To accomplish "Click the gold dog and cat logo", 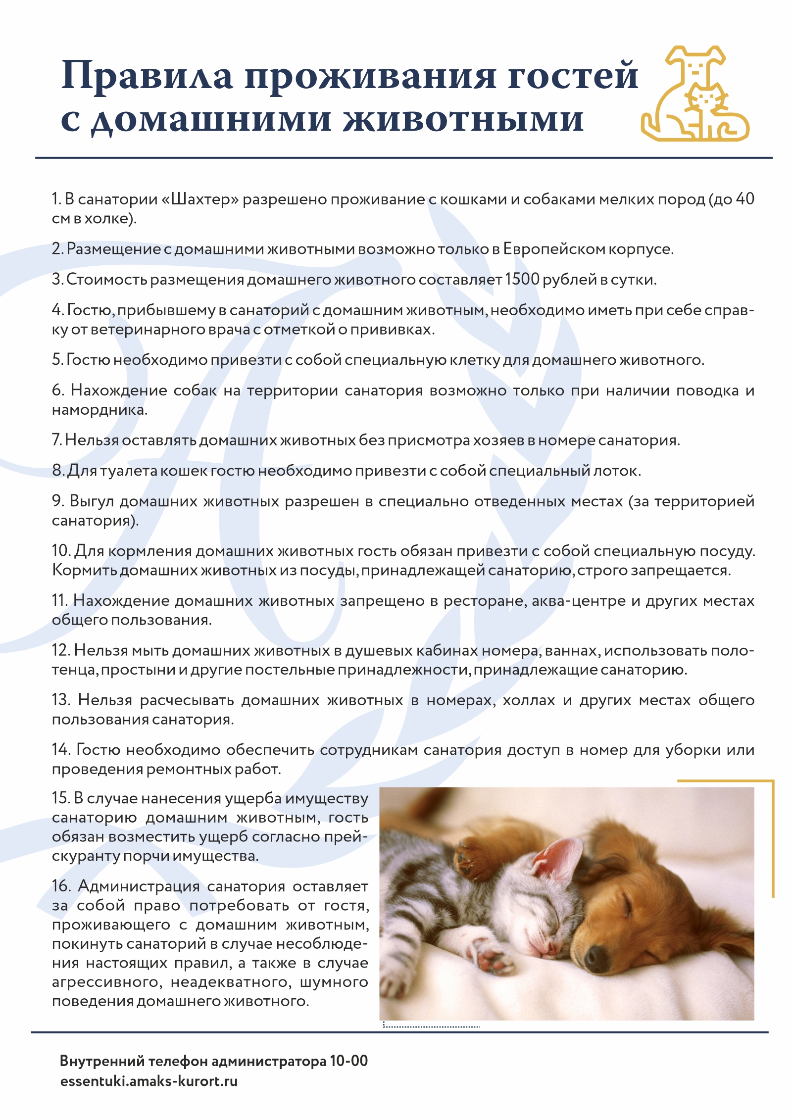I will tap(695, 94).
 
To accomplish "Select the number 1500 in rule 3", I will tap(522, 280).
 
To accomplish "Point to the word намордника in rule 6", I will tap(99, 410).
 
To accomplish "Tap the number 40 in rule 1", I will tap(745, 199).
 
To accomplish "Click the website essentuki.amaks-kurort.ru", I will tap(148, 1081).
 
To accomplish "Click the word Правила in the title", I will tap(147, 77).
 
